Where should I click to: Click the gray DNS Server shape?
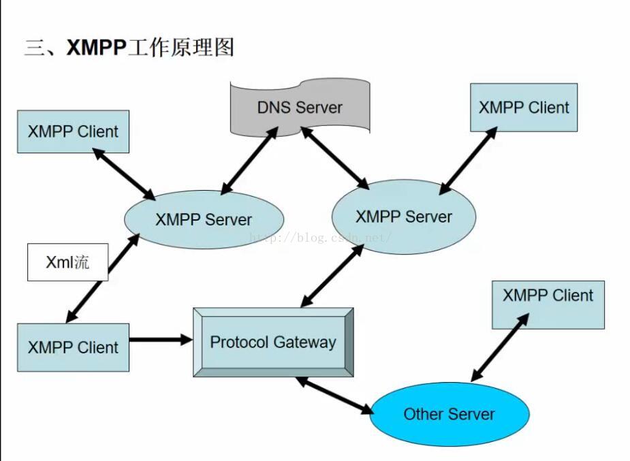300,107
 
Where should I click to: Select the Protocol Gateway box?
273,342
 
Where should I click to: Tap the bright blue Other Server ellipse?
449,414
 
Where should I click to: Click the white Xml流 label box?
67,262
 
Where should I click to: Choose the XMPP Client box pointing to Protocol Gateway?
73,347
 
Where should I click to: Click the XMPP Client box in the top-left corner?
73,131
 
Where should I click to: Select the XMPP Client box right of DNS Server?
524,108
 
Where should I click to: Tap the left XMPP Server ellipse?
204,219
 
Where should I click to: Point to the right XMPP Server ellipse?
403,217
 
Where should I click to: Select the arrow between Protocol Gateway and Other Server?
334,396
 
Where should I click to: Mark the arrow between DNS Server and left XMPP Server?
249,161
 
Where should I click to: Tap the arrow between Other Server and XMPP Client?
500,347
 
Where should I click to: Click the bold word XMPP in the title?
96,48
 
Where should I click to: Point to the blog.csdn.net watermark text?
320,238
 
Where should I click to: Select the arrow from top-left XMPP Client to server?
124,174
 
